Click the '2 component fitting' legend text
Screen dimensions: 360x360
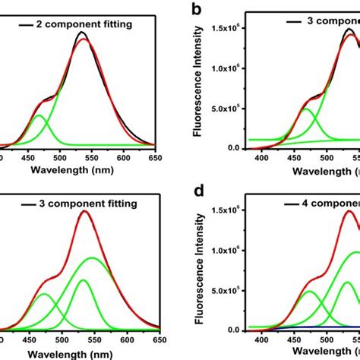[84, 24]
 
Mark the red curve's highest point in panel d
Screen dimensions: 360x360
[350, 212]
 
